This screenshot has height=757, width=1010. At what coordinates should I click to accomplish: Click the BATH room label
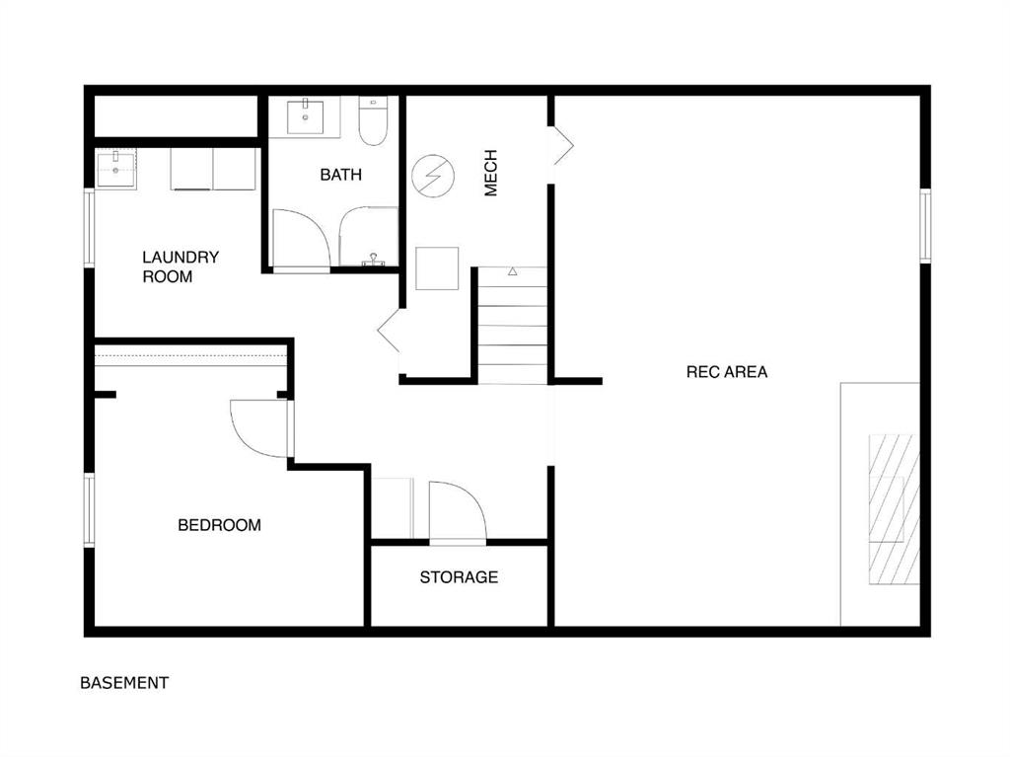click(x=340, y=175)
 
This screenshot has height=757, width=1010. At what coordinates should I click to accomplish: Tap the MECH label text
click(x=491, y=173)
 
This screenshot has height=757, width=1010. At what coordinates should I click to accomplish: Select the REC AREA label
click(x=727, y=372)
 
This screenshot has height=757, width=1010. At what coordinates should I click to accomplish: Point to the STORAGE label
click(x=459, y=577)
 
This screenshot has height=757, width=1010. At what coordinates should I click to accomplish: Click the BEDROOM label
click(x=219, y=525)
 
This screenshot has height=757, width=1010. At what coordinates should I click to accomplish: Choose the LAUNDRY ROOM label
click(x=180, y=266)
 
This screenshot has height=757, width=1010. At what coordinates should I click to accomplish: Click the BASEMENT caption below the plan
click(x=124, y=683)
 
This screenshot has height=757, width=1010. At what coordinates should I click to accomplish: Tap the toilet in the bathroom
click(x=372, y=120)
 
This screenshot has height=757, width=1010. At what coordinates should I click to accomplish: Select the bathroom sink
click(x=305, y=116)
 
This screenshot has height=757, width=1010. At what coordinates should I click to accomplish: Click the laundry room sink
click(x=116, y=170)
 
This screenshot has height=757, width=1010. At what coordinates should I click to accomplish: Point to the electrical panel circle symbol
click(x=434, y=176)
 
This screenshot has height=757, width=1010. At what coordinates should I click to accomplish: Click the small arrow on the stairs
click(x=513, y=271)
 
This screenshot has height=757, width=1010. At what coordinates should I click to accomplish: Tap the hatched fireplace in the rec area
click(x=894, y=509)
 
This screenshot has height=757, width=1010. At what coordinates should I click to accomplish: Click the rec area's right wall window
click(x=925, y=225)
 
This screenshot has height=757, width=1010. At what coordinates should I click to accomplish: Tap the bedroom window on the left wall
click(x=90, y=510)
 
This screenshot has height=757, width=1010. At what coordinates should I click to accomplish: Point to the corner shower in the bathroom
click(x=369, y=237)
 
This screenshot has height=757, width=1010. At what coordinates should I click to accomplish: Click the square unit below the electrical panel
click(x=437, y=268)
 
